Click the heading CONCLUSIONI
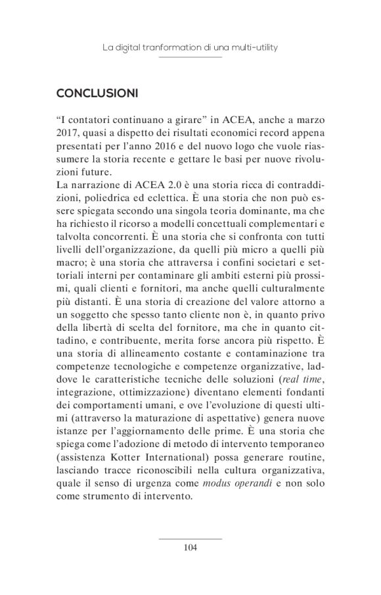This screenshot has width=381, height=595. (x=97, y=94)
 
